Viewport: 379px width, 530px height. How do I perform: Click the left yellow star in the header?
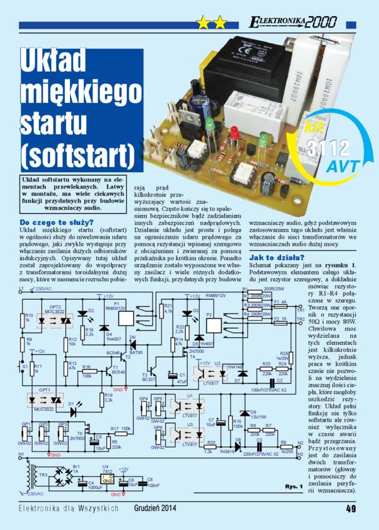(204, 24)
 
